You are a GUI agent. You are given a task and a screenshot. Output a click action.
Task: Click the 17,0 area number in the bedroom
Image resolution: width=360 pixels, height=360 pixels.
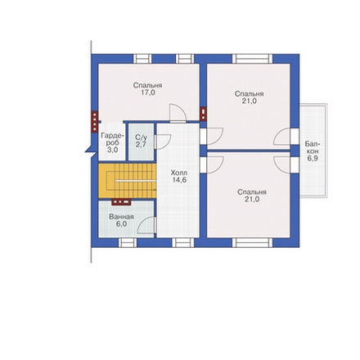click(148, 92)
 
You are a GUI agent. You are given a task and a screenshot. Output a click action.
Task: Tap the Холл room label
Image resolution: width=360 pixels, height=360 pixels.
click(179, 173)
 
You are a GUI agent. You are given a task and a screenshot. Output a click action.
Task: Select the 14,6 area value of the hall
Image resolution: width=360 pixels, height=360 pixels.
click(179, 180)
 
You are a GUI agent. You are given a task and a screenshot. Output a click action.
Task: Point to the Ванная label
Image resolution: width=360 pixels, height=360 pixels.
click(121, 217)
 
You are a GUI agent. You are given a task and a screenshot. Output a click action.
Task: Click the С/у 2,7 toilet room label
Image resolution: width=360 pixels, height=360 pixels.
click(141, 141)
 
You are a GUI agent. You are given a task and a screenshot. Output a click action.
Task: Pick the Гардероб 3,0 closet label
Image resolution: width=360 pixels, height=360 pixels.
click(112, 142)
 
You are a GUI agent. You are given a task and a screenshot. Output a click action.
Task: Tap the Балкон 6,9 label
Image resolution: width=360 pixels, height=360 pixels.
click(313, 151)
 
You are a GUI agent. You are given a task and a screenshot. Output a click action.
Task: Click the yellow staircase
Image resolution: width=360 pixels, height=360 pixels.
click(127, 181)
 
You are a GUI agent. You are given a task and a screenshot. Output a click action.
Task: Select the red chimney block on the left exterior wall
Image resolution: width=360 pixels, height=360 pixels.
click(94, 122)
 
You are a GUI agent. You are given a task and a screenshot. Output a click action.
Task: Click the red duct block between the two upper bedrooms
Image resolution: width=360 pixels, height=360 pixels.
click(203, 114)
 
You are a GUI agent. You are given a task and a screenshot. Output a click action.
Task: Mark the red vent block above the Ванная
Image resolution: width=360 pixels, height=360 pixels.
click(121, 202)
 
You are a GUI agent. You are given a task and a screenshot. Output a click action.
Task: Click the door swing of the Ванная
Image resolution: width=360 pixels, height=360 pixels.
click(146, 225)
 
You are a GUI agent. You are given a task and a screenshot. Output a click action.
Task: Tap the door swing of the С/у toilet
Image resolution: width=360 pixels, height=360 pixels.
click(163, 142)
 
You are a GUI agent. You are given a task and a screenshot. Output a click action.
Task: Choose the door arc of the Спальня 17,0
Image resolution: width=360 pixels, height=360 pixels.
click(178, 113)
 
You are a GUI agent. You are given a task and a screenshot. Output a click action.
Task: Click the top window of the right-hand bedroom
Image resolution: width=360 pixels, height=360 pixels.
click(252, 59)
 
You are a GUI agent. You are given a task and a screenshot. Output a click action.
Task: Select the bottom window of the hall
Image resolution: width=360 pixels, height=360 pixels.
click(183, 242)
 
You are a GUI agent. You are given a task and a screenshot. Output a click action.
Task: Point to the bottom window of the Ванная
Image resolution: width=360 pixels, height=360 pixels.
click(128, 242)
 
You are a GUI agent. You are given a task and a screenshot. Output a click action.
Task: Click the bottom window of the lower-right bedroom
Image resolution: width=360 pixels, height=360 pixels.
click(252, 242)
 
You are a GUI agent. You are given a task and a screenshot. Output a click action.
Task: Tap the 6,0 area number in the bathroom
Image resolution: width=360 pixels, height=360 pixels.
click(121, 224)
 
